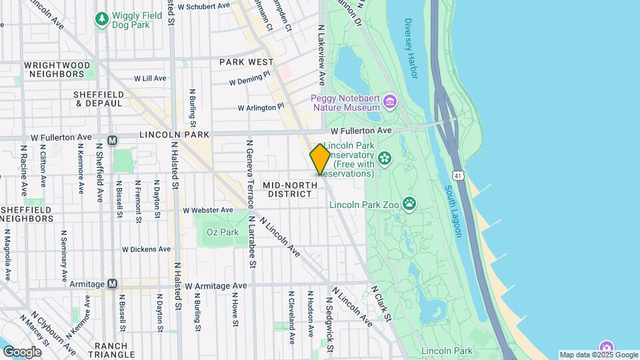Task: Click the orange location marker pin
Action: click(x=320, y=159)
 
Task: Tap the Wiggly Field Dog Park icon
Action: click(x=101, y=19)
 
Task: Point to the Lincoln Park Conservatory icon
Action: click(x=384, y=158)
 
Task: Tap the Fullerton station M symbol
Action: click(x=112, y=140)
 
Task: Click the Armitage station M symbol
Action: click(x=112, y=284)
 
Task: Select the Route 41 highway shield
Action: click(x=457, y=175)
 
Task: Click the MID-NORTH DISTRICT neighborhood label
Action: click(x=287, y=189)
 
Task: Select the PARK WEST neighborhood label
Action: click(x=246, y=61)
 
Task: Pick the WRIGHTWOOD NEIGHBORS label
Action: click(x=57, y=69)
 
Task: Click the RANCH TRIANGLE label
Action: click(x=115, y=350)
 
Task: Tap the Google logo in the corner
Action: click(x=22, y=351)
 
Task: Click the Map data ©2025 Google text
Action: click(x=598, y=355)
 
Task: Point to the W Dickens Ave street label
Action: click(x=145, y=249)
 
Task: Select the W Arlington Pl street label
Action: click(x=261, y=107)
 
